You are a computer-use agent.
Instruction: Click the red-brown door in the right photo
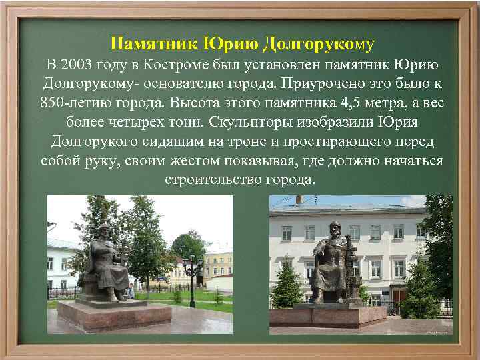tap(398, 297)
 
